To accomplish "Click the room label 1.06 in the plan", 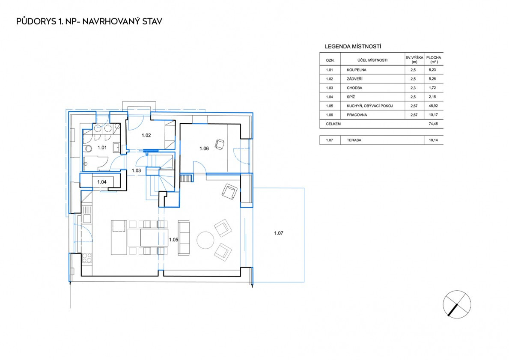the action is [204, 149].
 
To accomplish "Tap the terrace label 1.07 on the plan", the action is [279, 233].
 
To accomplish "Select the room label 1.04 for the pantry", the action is [101, 182].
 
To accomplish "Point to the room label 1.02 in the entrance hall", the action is [146, 135].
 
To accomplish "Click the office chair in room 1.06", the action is [220, 144].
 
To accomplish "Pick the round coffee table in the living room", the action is [205, 240].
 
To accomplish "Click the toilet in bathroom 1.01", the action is [88, 149].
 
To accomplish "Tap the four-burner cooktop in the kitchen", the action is [87, 258].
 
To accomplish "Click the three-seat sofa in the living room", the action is [183, 238].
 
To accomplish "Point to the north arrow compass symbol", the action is [457, 304].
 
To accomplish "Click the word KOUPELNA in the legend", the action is [357, 70].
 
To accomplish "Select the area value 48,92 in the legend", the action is [433, 106].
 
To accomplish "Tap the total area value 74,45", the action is [433, 124].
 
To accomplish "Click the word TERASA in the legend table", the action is [354, 140].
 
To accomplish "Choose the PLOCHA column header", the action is [434, 57].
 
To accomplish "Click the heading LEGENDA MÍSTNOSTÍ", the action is [353, 46].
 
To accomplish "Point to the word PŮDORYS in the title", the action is [36, 21].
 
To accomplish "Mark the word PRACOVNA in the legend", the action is [357, 115].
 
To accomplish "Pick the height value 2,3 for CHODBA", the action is [413, 88].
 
